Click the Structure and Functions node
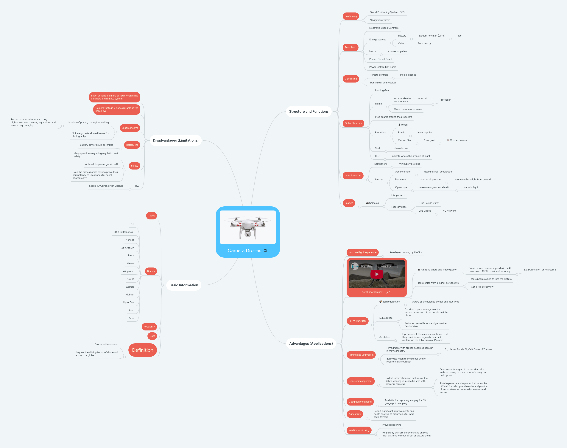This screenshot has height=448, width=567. point(309,111)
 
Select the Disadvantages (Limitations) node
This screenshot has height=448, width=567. point(175,140)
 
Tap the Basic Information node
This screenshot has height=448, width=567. point(184,285)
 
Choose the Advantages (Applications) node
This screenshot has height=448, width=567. point(311,344)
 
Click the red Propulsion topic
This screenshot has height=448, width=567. point(350,48)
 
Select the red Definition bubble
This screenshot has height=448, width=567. point(142,350)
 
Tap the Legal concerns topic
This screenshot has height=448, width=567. point(130,128)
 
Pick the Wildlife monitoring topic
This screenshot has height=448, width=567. point(359,430)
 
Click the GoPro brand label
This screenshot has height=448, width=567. point(131,279)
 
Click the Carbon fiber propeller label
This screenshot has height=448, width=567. point(405,140)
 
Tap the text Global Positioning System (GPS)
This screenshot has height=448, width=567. point(387,12)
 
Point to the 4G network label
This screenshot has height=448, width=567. point(449,211)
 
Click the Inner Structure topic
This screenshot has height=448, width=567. point(353,176)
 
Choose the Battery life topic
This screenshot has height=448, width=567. point(132,145)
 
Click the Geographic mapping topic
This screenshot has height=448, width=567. point(360,402)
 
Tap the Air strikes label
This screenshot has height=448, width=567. point(384,337)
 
